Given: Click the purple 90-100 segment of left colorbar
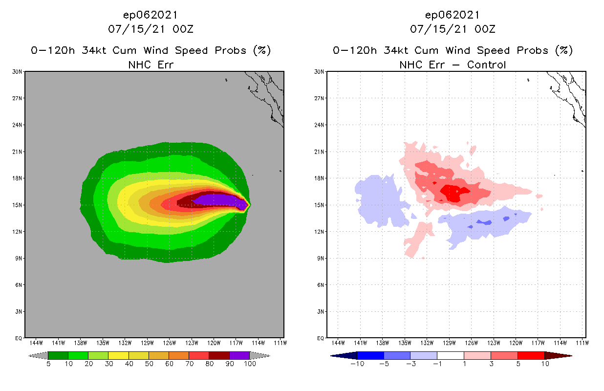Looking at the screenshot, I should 239,355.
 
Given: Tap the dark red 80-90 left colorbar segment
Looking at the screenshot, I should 219,355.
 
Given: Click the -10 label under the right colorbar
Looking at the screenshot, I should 358,364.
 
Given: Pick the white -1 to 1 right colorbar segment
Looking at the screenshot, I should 450,355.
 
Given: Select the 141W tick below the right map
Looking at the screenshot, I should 361,343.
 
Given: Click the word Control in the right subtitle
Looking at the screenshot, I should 486,65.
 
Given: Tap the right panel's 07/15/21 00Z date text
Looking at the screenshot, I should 453,29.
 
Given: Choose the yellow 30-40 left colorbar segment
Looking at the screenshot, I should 118,355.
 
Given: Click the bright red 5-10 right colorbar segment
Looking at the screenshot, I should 531,355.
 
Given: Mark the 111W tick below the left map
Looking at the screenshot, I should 280,343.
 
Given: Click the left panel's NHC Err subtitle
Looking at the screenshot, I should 151,65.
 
